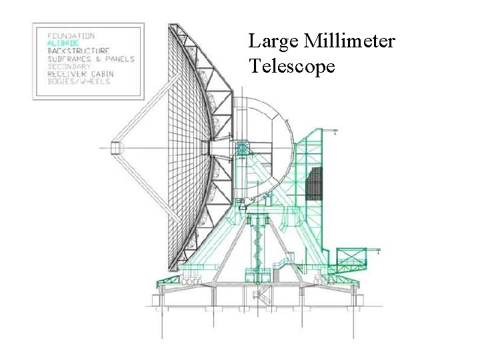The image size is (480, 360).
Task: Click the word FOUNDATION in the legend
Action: point(71,35)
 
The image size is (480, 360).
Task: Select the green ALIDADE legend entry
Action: point(63,43)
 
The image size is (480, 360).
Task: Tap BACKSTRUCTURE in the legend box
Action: point(78,51)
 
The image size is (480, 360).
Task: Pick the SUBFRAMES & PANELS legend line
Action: point(91,59)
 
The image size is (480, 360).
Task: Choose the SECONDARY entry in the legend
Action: point(69,66)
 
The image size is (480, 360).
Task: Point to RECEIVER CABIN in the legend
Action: point(80,73)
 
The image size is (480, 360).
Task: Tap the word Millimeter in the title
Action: point(349,42)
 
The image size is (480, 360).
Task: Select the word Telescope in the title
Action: point(292,66)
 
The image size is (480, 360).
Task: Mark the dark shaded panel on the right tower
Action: point(313,185)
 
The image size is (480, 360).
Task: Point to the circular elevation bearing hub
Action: point(241,147)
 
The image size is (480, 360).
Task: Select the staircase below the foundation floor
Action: point(259,295)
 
